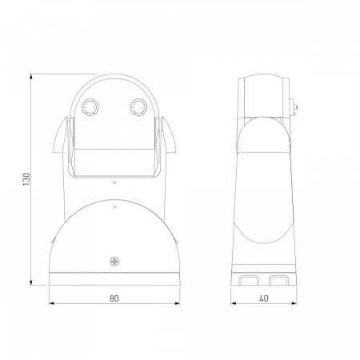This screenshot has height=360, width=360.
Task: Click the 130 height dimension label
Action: click(26, 179)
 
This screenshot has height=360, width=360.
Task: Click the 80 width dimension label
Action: click(114, 298)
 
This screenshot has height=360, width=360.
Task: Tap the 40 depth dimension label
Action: click(263, 298)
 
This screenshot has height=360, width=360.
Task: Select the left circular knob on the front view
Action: click(90, 107)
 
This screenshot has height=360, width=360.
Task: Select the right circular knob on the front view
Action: click(138, 107)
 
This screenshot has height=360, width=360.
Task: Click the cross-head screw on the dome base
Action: click(114, 262)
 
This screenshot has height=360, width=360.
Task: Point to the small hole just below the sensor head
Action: click(114, 182)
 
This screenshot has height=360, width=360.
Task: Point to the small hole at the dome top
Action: click(114, 207)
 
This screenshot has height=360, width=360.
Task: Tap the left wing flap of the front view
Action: click(60, 137)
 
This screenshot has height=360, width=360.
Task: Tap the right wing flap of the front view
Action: click(169, 137)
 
